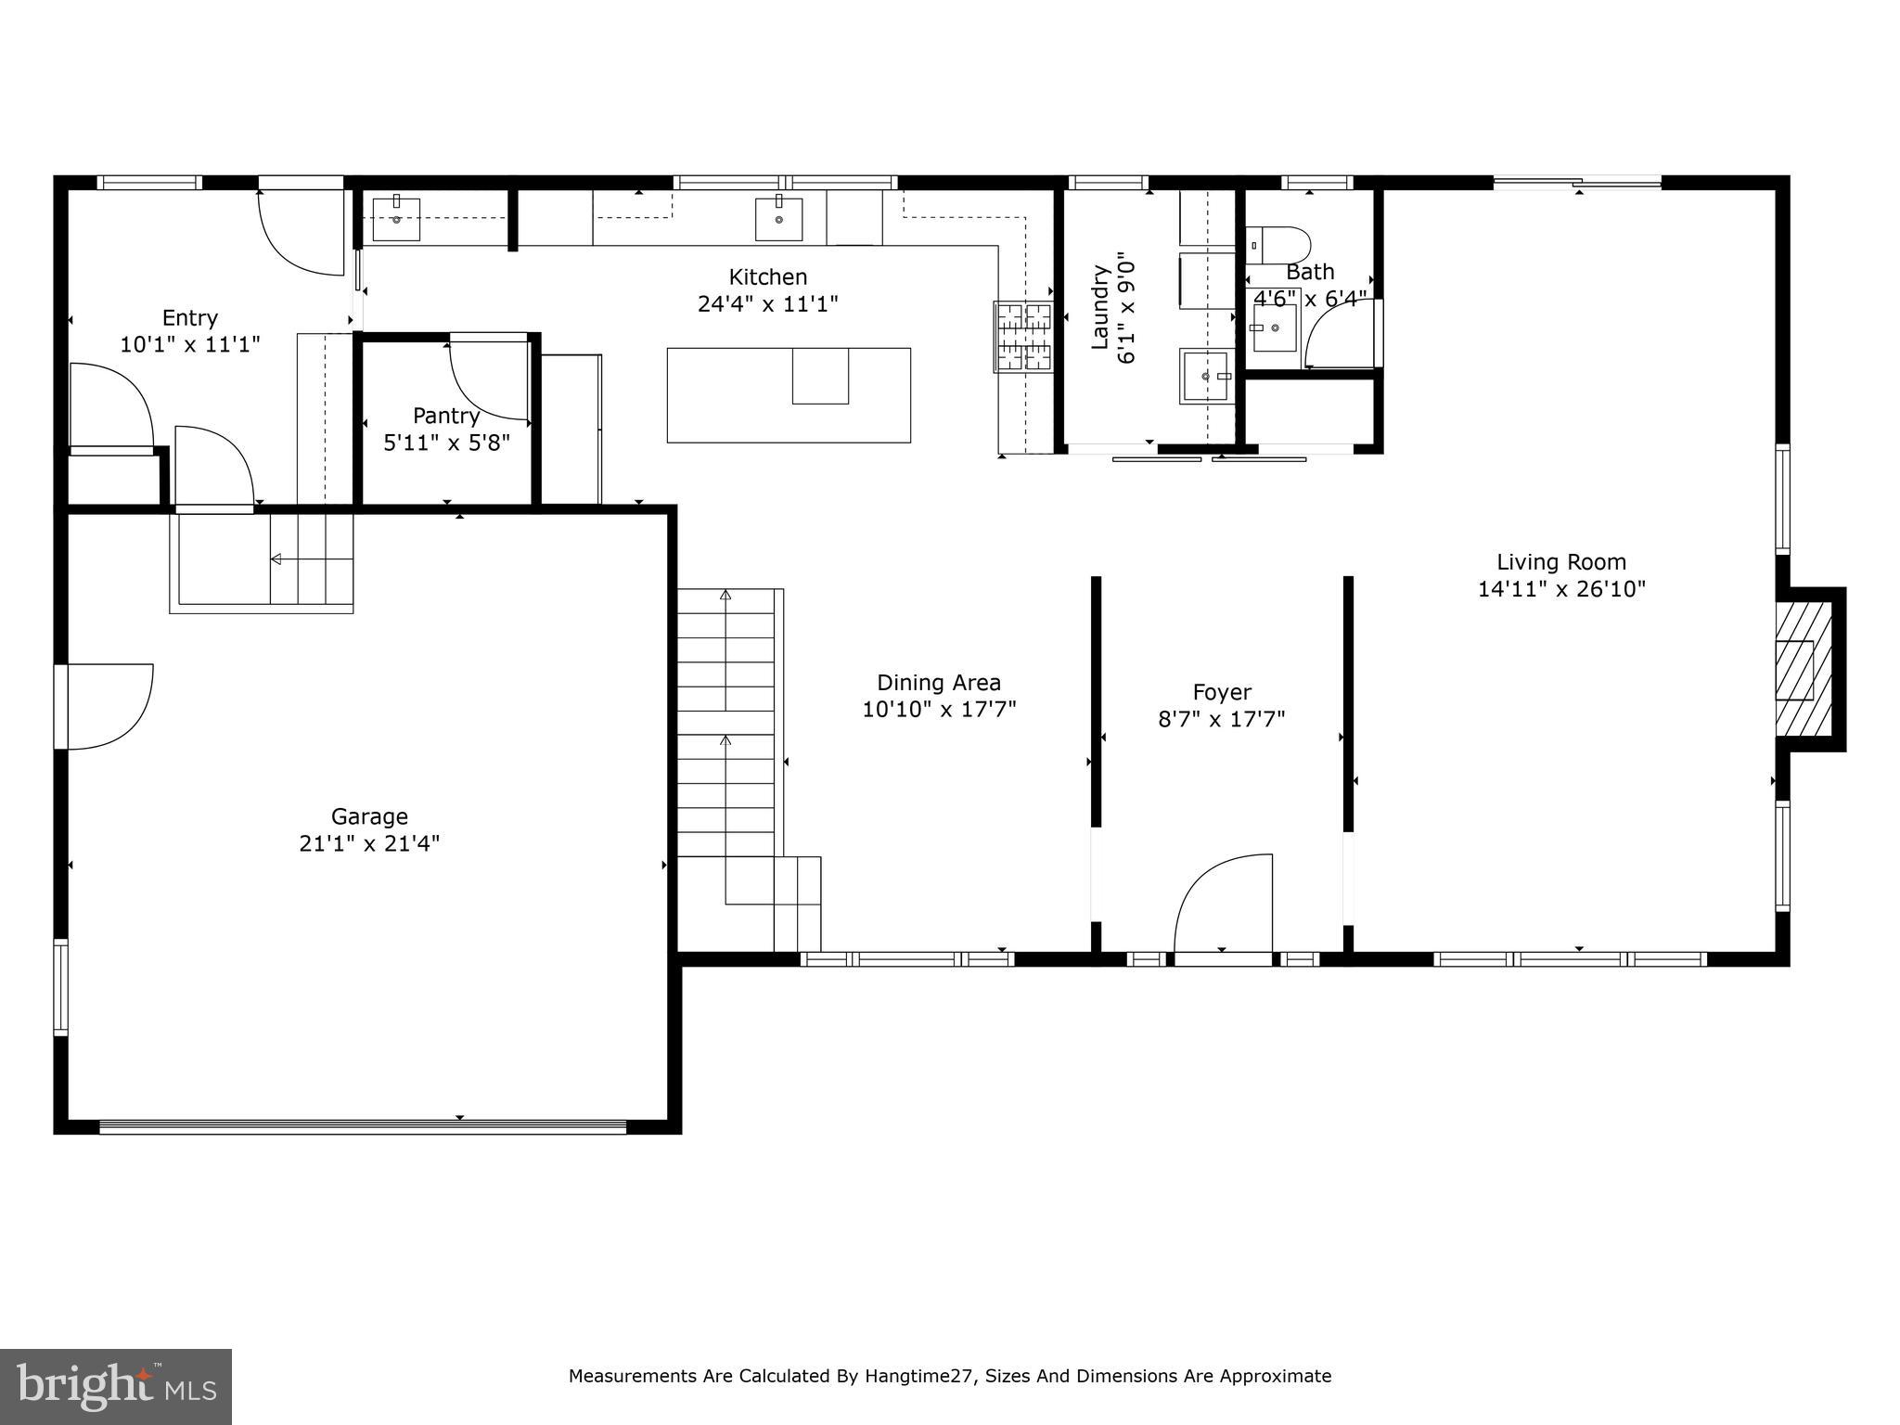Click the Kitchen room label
tap(767, 276)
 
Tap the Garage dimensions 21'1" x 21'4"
tap(369, 843)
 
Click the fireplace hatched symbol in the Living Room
tap(1804, 668)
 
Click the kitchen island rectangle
tap(789, 395)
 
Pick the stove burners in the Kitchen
tap(1023, 337)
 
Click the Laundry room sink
tap(1204, 377)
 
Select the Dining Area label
tap(939, 683)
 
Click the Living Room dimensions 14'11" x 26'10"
tap(1561, 589)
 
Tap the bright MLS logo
tap(115, 1386)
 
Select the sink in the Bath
tap(1274, 328)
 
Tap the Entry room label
tap(190, 317)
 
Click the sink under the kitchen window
tap(778, 219)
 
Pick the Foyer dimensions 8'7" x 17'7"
tap(1222, 719)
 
